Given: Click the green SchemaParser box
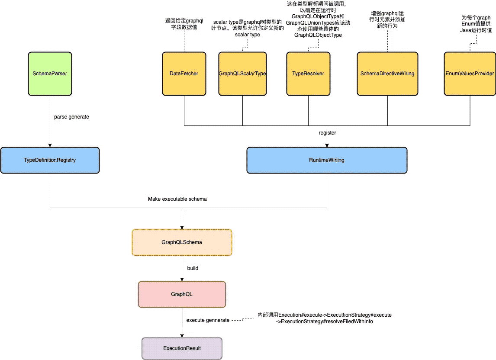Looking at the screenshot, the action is point(50,74).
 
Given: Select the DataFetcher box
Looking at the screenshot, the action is point(184,74).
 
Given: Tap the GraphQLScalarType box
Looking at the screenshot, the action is point(243,74).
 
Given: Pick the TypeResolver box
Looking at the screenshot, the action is point(309,74).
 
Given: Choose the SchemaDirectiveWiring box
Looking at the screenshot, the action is point(387,74).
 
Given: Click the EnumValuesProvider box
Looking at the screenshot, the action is point(470,74).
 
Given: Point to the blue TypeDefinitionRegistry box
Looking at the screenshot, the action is point(50,160).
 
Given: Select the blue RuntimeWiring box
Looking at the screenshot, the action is point(327,160).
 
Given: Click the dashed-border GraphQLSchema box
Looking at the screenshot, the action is point(182,242).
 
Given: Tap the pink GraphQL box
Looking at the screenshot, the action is point(182,294).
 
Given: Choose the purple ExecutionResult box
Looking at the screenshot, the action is point(182,348).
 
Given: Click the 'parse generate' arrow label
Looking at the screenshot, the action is point(71,117).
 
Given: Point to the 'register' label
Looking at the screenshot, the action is point(327,133).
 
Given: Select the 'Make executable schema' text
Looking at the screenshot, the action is point(177,199).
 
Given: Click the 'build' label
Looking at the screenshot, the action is point(193,268).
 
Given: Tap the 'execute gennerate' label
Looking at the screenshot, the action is point(208,320).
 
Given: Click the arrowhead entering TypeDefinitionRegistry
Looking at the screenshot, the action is point(50,145).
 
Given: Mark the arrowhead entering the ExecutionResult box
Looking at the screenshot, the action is point(182,336).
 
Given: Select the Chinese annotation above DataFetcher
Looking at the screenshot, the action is point(184,24).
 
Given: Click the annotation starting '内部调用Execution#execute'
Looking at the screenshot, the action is point(325,318).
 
